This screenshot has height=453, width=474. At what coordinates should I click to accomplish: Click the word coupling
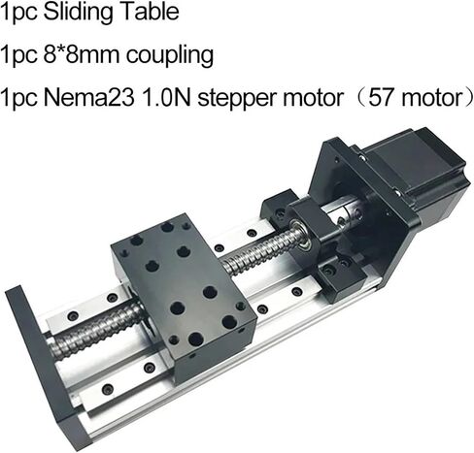click(x=170, y=56)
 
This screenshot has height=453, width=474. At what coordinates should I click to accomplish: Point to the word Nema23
click(x=88, y=98)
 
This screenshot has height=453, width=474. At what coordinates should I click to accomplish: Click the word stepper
click(x=237, y=99)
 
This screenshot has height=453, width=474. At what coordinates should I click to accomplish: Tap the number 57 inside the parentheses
click(x=381, y=98)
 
